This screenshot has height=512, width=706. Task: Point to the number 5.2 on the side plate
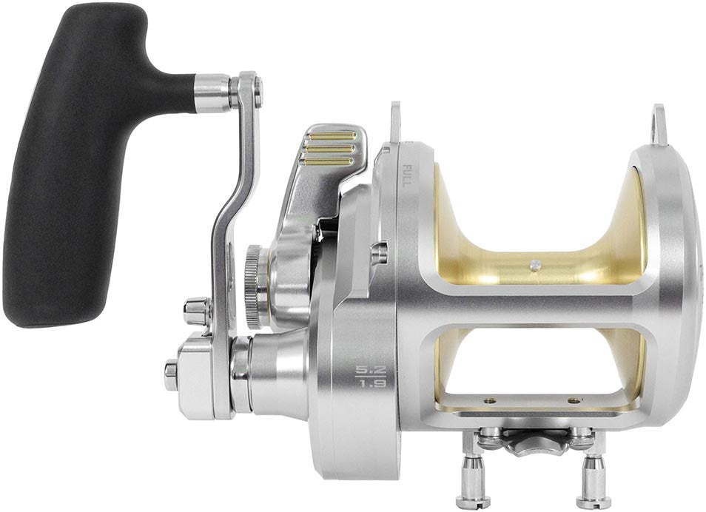(x=367, y=369)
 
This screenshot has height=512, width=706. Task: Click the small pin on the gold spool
(x=535, y=265)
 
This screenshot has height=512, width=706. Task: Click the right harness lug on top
(x=659, y=124)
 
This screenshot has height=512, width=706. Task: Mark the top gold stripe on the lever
(x=330, y=136)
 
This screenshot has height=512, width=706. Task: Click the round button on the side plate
(x=379, y=253)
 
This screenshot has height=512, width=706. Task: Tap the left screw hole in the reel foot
(x=489, y=400)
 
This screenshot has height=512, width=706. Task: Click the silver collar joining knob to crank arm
(x=212, y=93)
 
